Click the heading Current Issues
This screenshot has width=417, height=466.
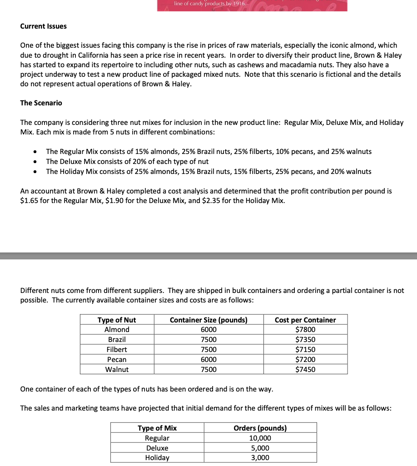43,26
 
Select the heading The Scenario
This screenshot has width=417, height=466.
41,103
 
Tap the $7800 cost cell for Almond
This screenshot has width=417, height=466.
305,330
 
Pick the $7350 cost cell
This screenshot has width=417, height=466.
305,340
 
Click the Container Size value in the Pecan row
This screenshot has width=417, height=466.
208,360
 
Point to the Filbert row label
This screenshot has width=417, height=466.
117,350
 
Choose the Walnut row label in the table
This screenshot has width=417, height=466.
117,370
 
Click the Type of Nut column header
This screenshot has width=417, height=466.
117,320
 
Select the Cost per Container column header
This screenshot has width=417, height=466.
305,320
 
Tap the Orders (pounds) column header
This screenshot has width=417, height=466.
260,428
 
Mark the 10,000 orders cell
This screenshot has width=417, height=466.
260,438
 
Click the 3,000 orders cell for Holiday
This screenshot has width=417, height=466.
260,458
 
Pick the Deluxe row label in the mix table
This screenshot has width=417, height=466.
157,448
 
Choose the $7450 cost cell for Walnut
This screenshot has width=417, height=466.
305,370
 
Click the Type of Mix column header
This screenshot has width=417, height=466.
157,428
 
